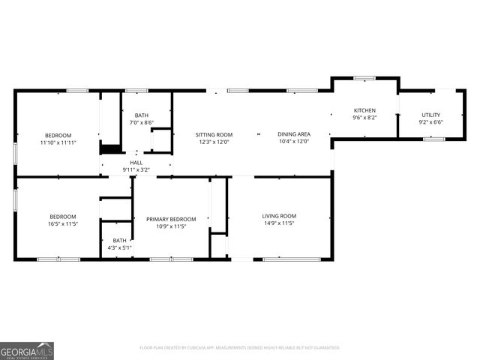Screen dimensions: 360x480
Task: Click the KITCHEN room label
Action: [x=364, y=110]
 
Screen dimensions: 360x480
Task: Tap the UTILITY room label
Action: [x=431, y=115]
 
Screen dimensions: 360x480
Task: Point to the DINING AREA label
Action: [x=294, y=134]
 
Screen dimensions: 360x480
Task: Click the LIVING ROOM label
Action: [x=279, y=216]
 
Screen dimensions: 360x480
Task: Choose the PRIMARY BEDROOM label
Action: [x=172, y=219]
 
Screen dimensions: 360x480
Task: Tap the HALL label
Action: [x=136, y=163]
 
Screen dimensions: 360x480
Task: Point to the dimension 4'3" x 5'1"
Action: [x=120, y=247]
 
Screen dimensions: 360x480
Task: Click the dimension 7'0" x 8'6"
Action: [x=142, y=122]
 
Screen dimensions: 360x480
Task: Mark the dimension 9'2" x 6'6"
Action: [x=431, y=122]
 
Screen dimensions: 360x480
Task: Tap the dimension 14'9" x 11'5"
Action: [x=279, y=223]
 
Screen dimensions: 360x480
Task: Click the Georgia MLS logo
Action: [x=27, y=351]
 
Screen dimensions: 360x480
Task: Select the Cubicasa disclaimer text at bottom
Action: [x=240, y=347]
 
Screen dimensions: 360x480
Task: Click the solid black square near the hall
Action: [x=110, y=149]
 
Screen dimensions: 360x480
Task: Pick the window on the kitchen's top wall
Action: [x=364, y=77]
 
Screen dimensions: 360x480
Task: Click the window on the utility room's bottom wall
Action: [x=433, y=139]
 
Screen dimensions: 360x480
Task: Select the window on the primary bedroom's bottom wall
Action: [x=172, y=259]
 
